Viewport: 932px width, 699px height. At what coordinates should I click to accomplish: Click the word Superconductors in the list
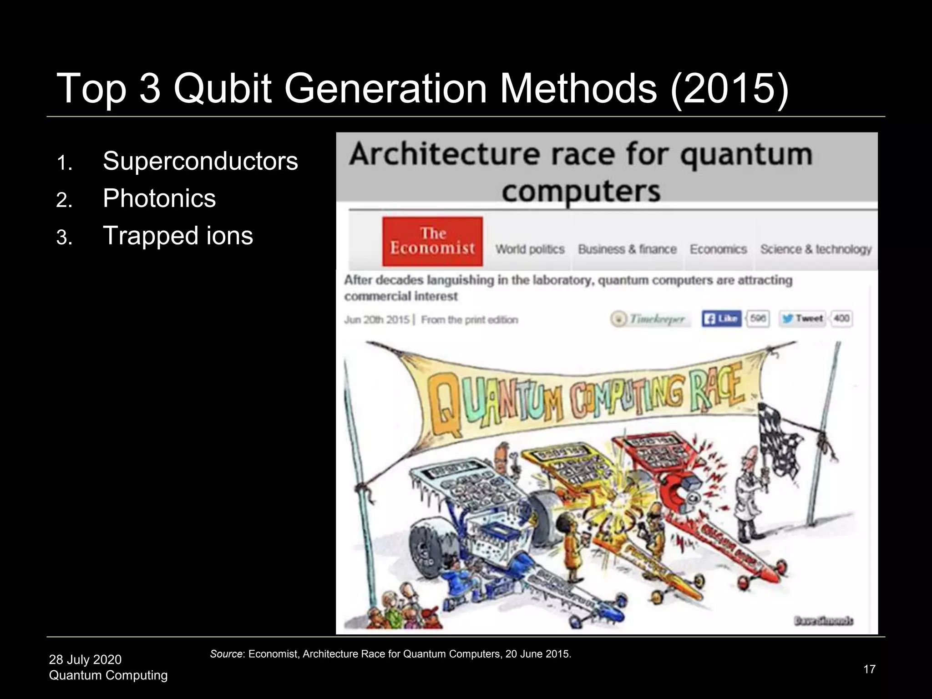(200, 161)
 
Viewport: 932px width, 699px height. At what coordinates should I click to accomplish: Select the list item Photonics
(159, 198)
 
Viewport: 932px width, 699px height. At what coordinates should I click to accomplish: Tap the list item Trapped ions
(177, 236)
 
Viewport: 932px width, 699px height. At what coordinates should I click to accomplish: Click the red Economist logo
(432, 241)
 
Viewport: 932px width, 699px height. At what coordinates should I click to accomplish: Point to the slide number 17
(869, 669)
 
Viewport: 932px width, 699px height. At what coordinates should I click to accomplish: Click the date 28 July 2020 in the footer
(85, 659)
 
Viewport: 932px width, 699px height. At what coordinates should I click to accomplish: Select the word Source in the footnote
(226, 654)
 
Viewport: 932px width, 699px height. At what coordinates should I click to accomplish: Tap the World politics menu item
(530, 249)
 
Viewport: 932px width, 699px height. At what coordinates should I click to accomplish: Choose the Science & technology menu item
(815, 249)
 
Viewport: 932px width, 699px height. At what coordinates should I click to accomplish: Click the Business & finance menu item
(627, 249)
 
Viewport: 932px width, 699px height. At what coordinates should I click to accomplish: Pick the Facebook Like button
(721, 319)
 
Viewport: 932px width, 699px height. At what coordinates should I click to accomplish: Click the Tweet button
(803, 319)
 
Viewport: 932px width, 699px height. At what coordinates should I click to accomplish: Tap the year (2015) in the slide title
(729, 88)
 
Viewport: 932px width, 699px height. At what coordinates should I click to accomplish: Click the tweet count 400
(841, 319)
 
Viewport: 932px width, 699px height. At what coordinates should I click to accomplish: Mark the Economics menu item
(718, 249)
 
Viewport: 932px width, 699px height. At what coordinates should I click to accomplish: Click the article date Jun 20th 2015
(377, 320)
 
